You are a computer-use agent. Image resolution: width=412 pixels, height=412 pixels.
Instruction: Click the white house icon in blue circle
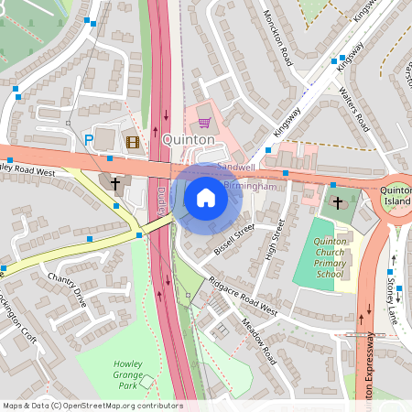coord(206,197)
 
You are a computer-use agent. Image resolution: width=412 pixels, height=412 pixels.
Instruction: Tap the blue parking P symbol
coord(89,140)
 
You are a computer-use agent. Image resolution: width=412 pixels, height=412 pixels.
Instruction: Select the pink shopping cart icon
coord(204,123)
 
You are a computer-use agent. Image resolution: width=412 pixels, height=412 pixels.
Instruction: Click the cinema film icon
coord(133,141)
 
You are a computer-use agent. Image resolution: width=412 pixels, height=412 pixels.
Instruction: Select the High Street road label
coord(273,240)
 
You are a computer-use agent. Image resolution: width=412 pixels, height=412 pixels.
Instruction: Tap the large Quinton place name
coord(190,139)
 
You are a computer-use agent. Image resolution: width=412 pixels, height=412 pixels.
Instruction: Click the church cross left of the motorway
coord(115,184)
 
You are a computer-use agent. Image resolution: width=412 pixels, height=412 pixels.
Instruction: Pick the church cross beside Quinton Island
coord(337,201)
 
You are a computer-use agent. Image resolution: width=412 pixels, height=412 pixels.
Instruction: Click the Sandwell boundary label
coord(236,168)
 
